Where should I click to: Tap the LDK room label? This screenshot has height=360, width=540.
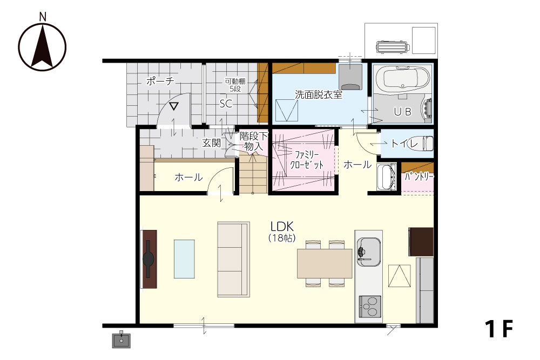pyautogui.click(x=282, y=227)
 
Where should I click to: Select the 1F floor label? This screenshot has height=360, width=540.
pyautogui.click(x=499, y=329)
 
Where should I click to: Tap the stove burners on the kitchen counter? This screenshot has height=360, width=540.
pyautogui.click(x=370, y=306)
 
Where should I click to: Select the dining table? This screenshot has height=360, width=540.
pyautogui.click(x=325, y=263)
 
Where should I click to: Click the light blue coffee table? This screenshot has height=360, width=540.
pyautogui.click(x=184, y=259)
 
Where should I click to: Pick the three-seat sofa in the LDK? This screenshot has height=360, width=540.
pyautogui.click(x=233, y=259)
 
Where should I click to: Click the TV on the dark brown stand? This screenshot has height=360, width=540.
pyautogui.click(x=148, y=259)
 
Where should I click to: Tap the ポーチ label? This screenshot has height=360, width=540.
pyautogui.click(x=160, y=81)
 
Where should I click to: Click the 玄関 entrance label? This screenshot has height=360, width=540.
pyautogui.click(x=211, y=143)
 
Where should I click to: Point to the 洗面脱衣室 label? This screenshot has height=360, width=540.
pyautogui.click(x=319, y=94)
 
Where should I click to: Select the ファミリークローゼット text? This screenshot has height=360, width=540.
pyautogui.click(x=307, y=160)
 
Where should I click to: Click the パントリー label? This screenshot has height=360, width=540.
pyautogui.click(x=419, y=176)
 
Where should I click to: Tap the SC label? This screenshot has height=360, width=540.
pyautogui.click(x=226, y=104)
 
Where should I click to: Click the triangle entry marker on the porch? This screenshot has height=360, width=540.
pyautogui.click(x=174, y=106)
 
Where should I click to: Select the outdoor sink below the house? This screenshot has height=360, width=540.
pyautogui.click(x=121, y=339)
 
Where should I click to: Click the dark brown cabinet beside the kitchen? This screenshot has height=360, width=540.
pyautogui.click(x=421, y=242)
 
